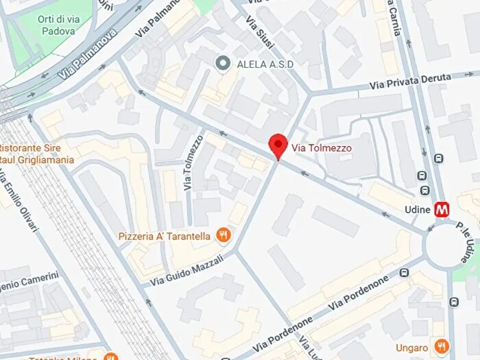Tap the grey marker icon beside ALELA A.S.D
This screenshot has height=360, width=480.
click(x=222, y=64)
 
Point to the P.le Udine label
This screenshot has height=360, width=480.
click(x=465, y=243)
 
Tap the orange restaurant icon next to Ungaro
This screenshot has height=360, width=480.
click(x=442, y=345)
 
